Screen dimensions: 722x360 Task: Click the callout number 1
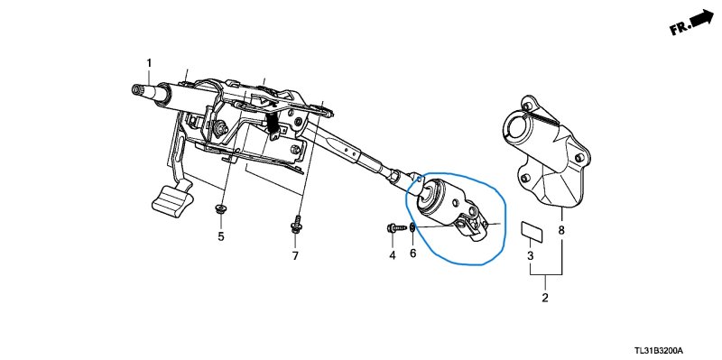pyautogui.click(x=149, y=62)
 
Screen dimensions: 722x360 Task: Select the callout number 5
pyautogui.click(x=221, y=236)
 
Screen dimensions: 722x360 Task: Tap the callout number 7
pyautogui.click(x=295, y=256)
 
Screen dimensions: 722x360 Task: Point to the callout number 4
pyautogui.click(x=393, y=255)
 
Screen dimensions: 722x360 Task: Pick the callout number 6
pyautogui.click(x=412, y=253)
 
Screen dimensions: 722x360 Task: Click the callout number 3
pyautogui.click(x=530, y=256)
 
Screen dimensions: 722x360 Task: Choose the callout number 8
pyautogui.click(x=560, y=230)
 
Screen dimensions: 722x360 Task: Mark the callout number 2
pyautogui.click(x=545, y=298)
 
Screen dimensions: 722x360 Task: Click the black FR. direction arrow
pyautogui.click(x=701, y=18)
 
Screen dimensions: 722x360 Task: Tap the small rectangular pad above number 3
pyautogui.click(x=532, y=232)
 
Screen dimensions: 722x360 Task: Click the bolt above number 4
pyautogui.click(x=397, y=227)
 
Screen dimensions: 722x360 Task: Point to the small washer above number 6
pyautogui.click(x=413, y=227)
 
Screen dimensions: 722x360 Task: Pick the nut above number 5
pyautogui.click(x=220, y=209)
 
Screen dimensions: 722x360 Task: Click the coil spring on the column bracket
pyautogui.click(x=274, y=124)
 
